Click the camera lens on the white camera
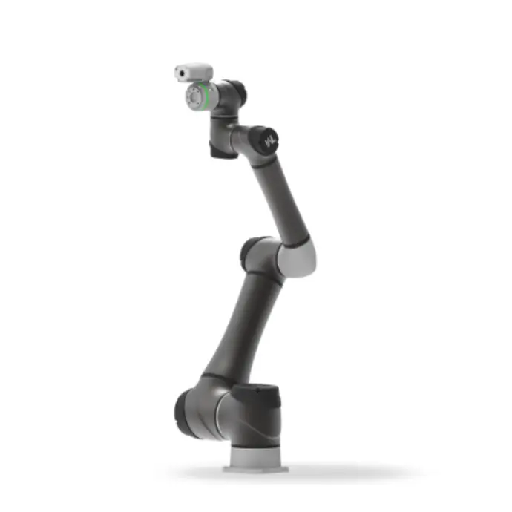click(181, 73)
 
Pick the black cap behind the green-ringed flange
click(236, 93)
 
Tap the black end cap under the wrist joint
click(223, 148)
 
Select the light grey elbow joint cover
click(297, 259)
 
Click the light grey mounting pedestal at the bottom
click(255, 455)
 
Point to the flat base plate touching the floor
click(256, 469)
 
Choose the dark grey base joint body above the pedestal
click(256, 419)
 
